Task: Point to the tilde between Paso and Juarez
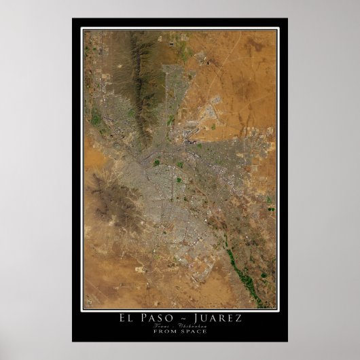(181, 318)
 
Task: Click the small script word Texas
(166, 326)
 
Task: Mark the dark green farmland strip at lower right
(234, 258)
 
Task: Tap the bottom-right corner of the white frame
(279, 310)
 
